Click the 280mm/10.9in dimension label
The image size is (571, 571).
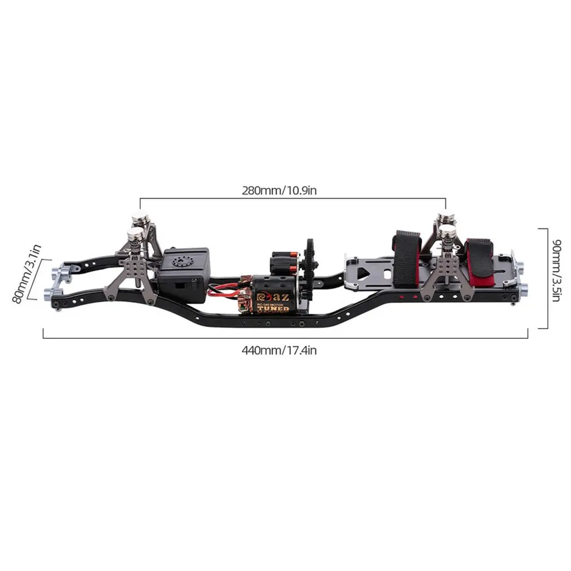click(x=279, y=191)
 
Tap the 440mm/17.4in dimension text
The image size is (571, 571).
click(x=279, y=350)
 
